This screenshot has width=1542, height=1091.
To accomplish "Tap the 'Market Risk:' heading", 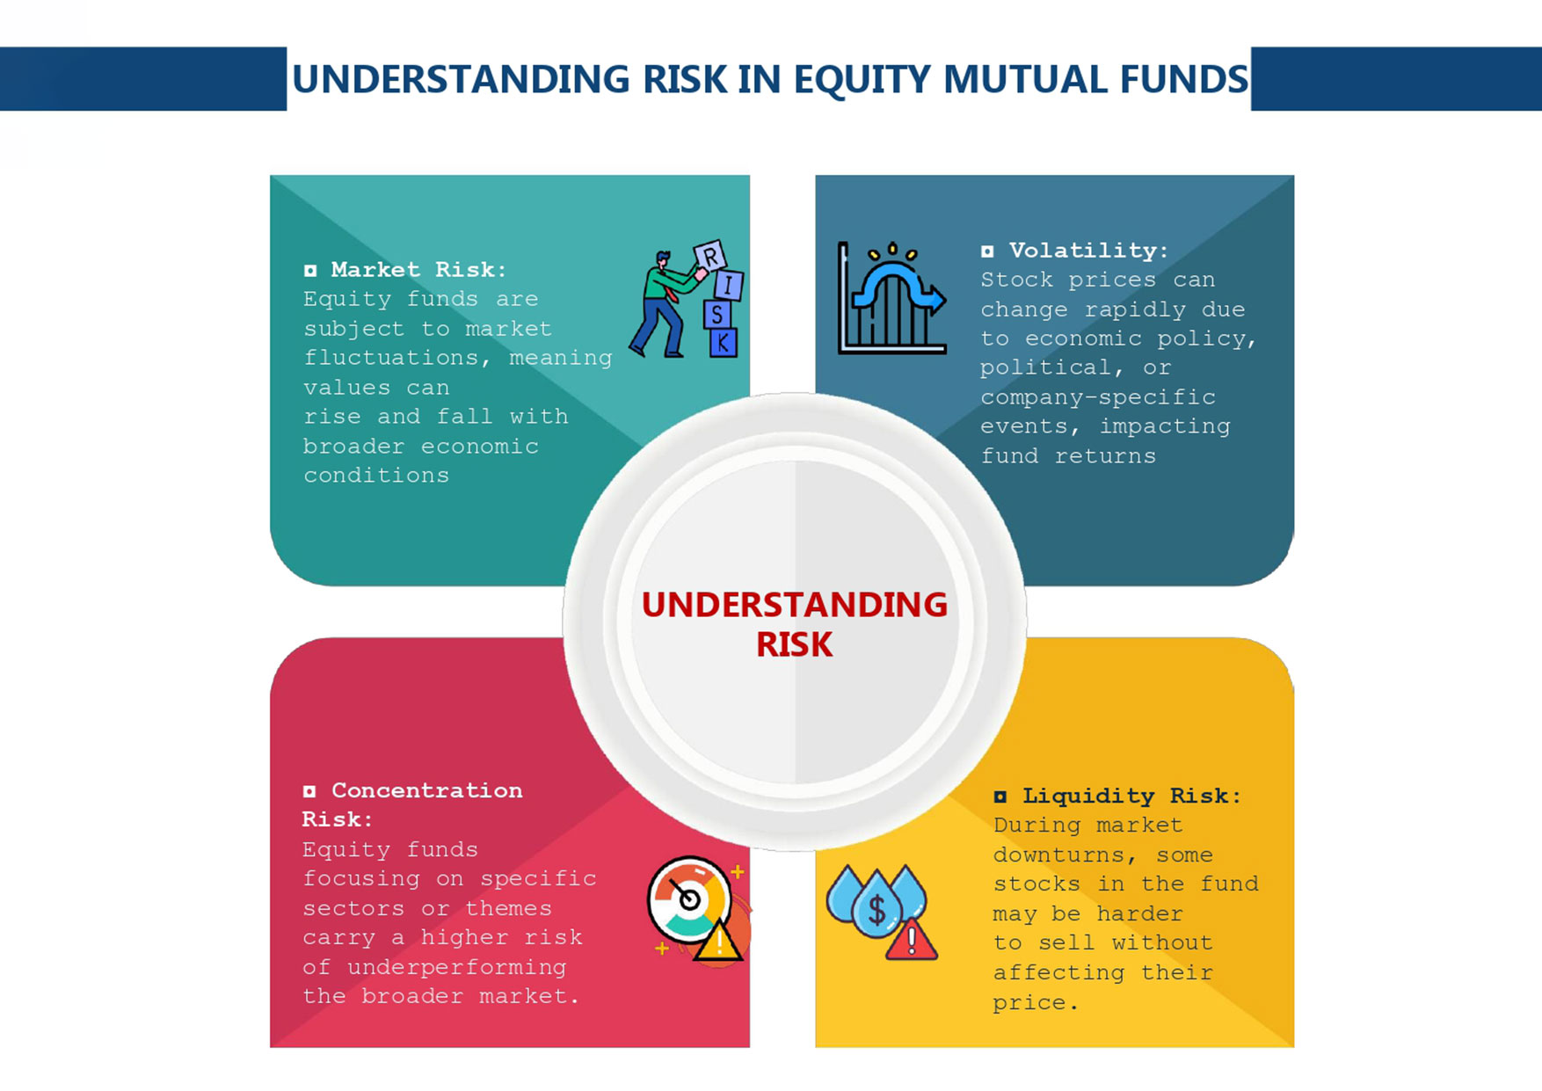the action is point(418,269).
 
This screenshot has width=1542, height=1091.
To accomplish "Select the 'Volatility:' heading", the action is point(1088,251).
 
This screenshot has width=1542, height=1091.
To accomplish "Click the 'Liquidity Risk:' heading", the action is point(1131,796).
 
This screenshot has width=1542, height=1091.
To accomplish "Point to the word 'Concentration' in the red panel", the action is point(426,790).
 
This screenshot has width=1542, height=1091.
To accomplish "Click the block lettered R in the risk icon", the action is point(710,256).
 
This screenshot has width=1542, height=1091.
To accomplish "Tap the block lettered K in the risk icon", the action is point(723,342).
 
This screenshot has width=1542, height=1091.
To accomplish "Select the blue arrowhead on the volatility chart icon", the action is point(936,300).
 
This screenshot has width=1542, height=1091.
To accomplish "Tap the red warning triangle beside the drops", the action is point(912,939).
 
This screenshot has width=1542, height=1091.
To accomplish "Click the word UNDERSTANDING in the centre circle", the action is point(795,605).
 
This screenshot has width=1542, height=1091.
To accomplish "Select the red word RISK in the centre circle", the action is point(794,645).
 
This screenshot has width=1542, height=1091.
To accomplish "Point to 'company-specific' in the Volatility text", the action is point(1098,397).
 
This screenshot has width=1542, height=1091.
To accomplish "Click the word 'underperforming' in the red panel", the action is point(456,967).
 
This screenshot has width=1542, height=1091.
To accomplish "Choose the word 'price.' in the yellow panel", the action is point(1036,1002).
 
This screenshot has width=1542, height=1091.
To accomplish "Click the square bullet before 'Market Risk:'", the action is point(310,270).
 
